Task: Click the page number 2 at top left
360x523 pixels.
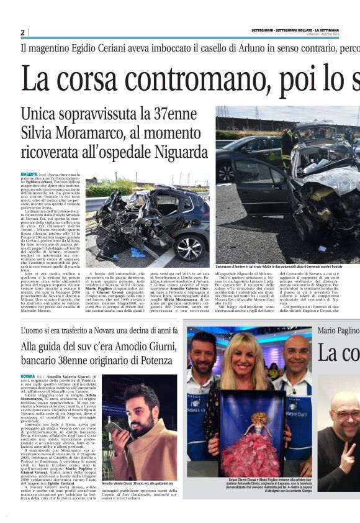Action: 22,32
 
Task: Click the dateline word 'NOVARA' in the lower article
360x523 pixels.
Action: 28,376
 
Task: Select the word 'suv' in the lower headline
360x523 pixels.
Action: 87,347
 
